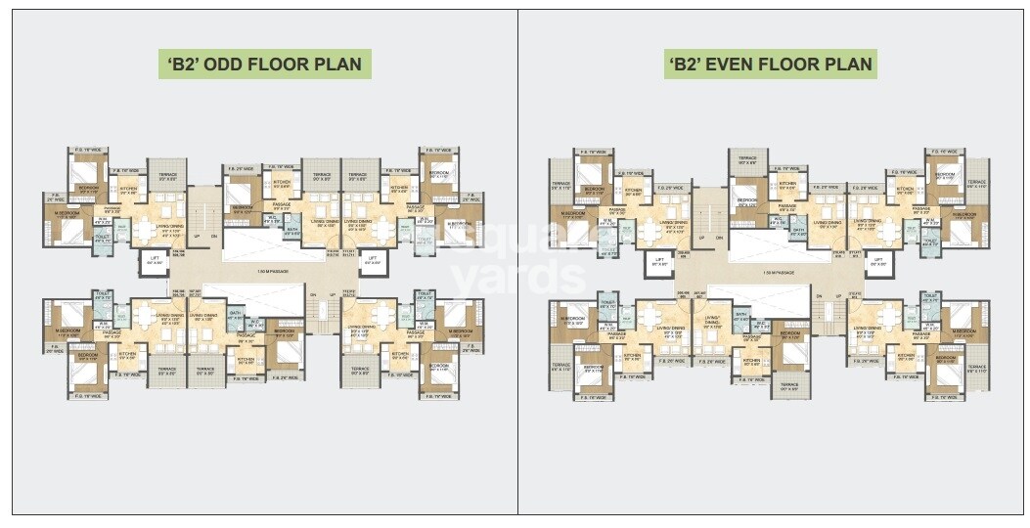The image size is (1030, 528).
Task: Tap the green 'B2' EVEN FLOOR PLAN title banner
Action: click(x=770, y=66)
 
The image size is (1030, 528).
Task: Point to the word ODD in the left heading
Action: click(x=238, y=66)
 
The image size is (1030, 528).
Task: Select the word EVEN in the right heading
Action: click(x=748, y=66)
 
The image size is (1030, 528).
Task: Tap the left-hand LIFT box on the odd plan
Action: click(x=155, y=261)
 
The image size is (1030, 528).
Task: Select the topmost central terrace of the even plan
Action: click(x=747, y=162)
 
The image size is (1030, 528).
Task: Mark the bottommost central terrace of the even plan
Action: click(x=789, y=385)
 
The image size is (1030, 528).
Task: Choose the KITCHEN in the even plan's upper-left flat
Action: click(x=633, y=192)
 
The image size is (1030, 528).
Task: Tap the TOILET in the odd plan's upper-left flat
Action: click(x=101, y=237)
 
